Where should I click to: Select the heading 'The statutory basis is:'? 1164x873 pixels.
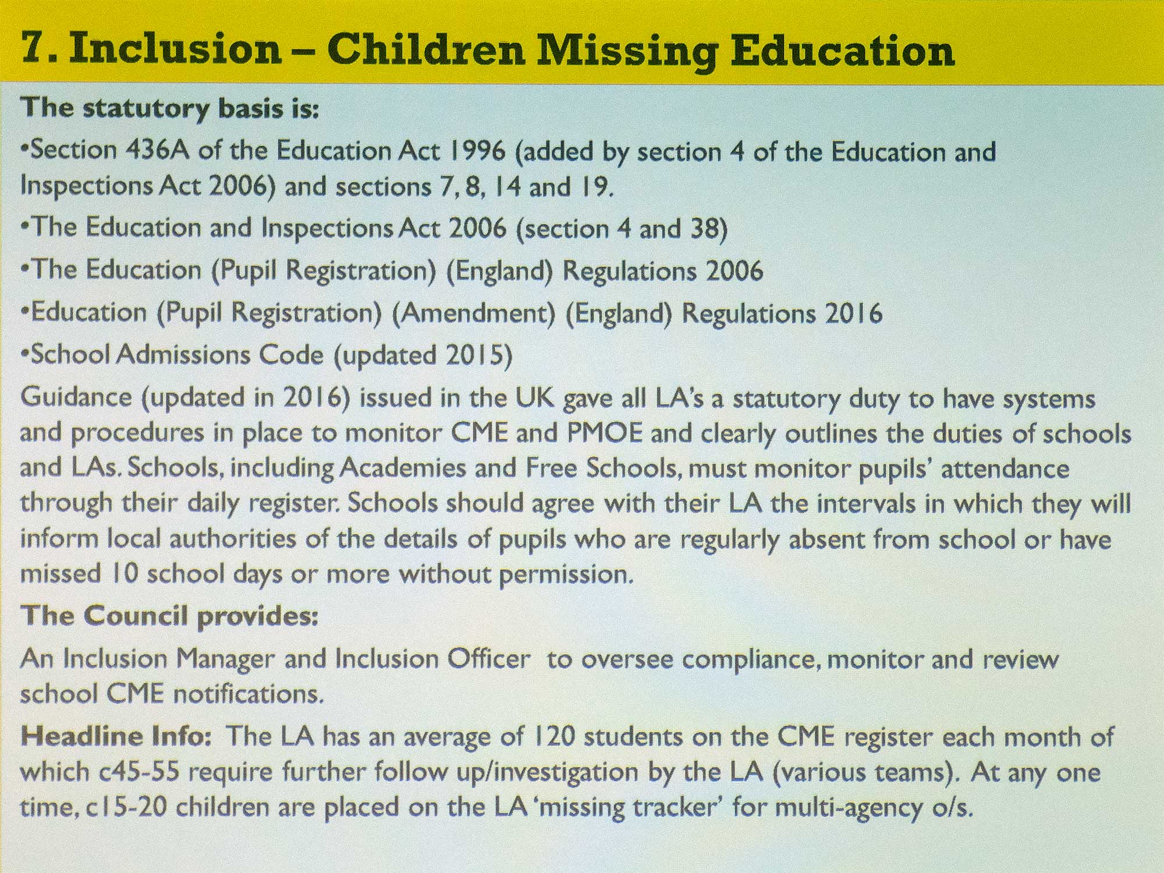(x=169, y=109)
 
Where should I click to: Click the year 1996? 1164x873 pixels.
(x=477, y=151)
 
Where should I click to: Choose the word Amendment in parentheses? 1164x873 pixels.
(x=473, y=313)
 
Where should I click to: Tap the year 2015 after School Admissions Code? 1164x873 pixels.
(x=474, y=355)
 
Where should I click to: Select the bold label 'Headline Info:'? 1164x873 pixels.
(x=116, y=737)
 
